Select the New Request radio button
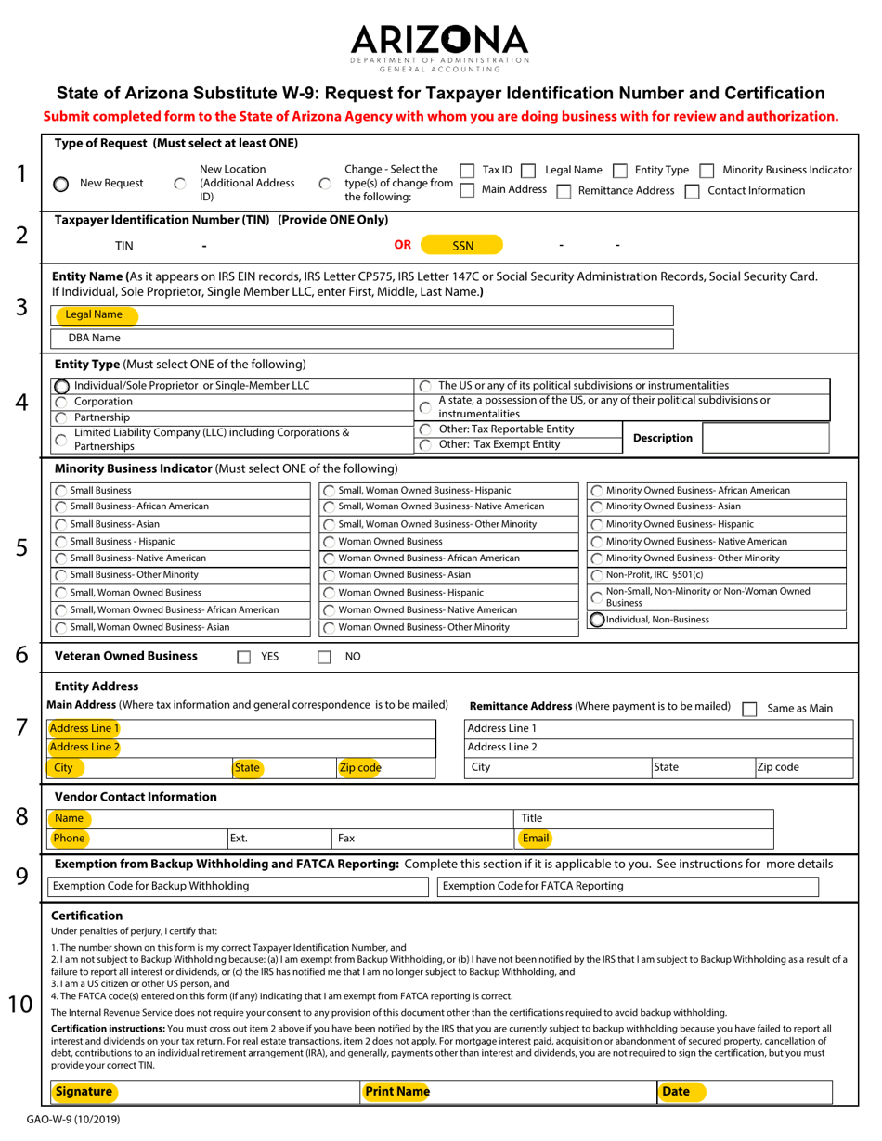[60, 184]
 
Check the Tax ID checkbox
[468, 171]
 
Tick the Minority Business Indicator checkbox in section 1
[707, 171]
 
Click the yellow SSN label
[462, 246]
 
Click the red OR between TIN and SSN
[403, 245]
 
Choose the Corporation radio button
[61, 402]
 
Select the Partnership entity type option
[61, 417]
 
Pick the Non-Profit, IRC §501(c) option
[598, 575]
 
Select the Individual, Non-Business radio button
[598, 619]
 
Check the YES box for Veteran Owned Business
[244, 657]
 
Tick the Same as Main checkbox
[749, 708]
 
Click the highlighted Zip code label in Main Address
[359, 767]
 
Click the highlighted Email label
[536, 839]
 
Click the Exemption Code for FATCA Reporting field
[628, 886]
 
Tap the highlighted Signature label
[84, 1092]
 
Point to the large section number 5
[21, 548]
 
